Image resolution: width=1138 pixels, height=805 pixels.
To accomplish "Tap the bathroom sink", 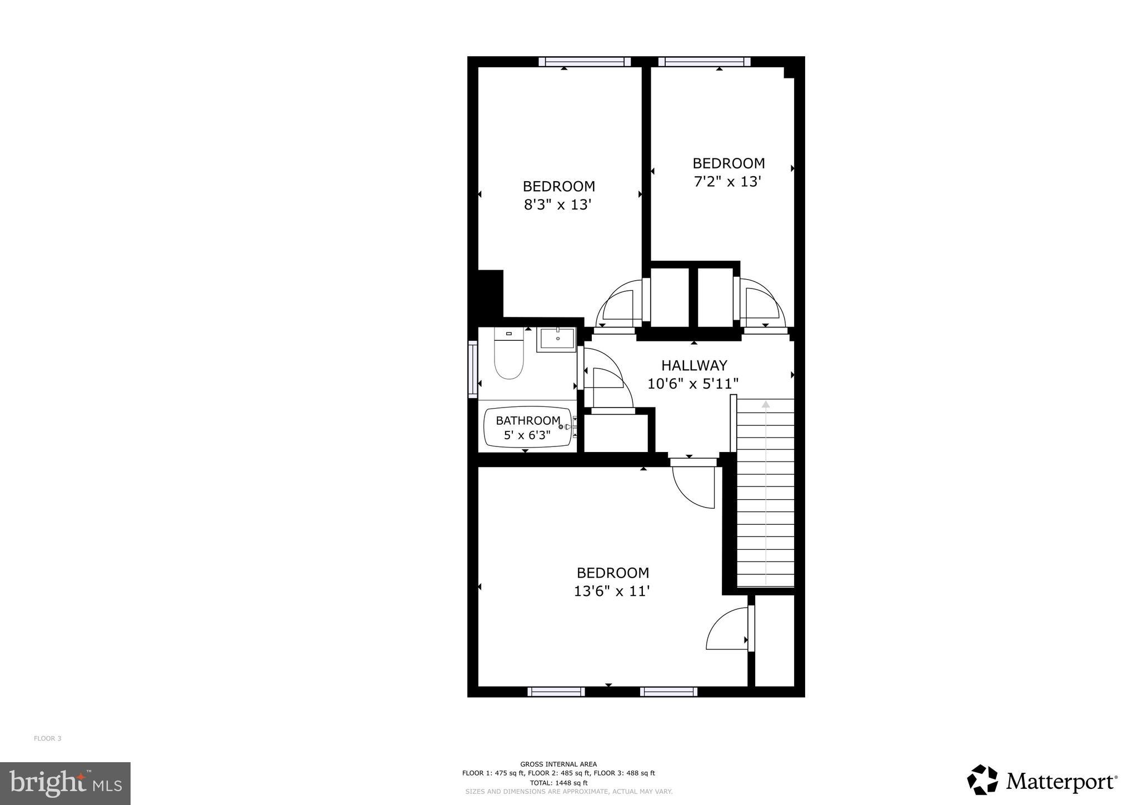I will click(x=556, y=340).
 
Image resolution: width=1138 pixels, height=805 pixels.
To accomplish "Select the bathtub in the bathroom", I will click(x=528, y=428).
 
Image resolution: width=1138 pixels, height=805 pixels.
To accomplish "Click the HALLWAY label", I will click(x=694, y=365).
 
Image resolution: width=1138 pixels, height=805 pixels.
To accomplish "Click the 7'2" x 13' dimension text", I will click(x=727, y=182).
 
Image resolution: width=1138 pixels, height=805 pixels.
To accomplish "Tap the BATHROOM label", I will click(x=528, y=420).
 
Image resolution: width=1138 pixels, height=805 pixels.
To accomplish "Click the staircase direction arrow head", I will click(x=766, y=404).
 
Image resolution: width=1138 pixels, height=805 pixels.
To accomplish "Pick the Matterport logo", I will click(x=1042, y=782).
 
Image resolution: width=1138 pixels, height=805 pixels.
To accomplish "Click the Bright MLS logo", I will click(x=65, y=784).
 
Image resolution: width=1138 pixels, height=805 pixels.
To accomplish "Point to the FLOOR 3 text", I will click(x=48, y=738).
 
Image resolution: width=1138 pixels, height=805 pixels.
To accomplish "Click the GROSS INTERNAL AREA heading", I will click(x=558, y=764).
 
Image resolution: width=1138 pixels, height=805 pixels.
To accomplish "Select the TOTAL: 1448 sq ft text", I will click(x=558, y=783).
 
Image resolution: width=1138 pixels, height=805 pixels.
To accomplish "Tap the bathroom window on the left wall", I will click(x=473, y=370).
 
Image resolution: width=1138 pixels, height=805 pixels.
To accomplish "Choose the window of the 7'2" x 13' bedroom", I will click(x=705, y=62).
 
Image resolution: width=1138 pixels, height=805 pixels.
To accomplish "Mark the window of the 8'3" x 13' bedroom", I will click(x=585, y=62).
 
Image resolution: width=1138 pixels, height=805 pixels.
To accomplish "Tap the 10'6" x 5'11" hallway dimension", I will click(x=693, y=384).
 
